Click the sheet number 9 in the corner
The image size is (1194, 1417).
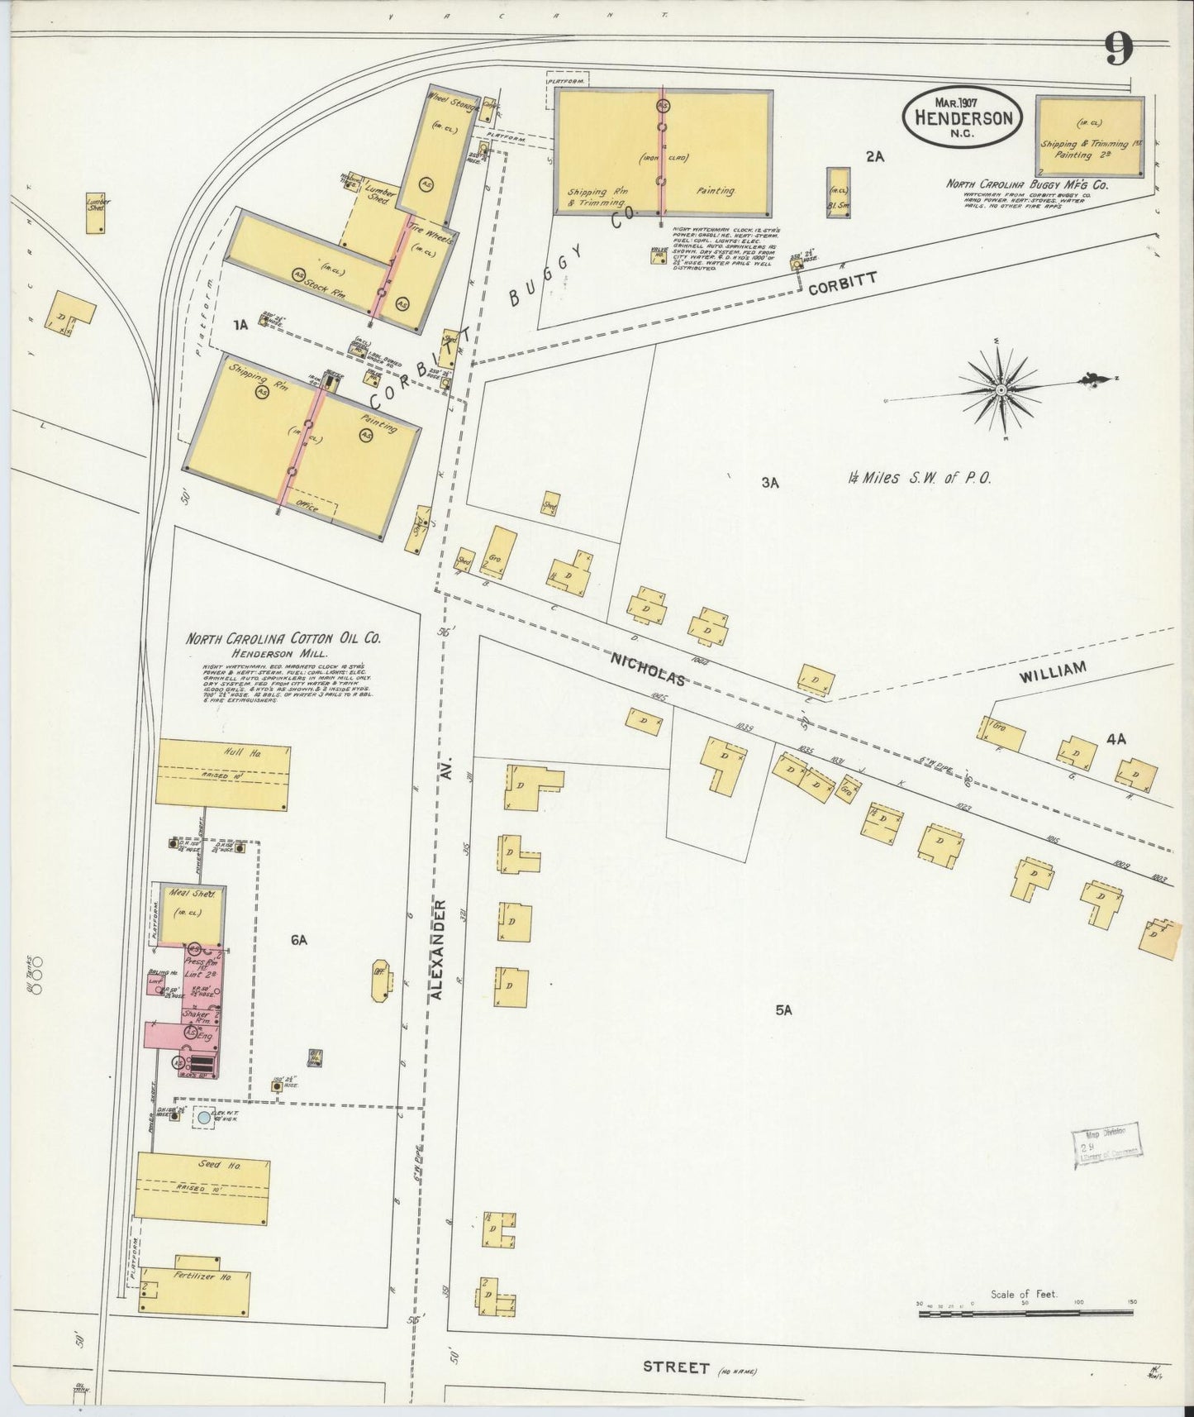[1119, 52]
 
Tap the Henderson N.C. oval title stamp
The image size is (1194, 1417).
[963, 117]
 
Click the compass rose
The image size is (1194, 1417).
[1001, 389]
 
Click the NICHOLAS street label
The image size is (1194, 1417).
[649, 669]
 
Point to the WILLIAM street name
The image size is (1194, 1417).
[1051, 673]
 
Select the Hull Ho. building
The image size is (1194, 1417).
[223, 773]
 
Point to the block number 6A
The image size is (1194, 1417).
[299, 940]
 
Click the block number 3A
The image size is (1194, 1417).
[770, 483]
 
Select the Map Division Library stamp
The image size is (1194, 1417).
[1106, 1146]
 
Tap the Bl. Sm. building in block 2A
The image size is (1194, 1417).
[839, 193]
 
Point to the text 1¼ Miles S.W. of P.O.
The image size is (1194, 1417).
[918, 478]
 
